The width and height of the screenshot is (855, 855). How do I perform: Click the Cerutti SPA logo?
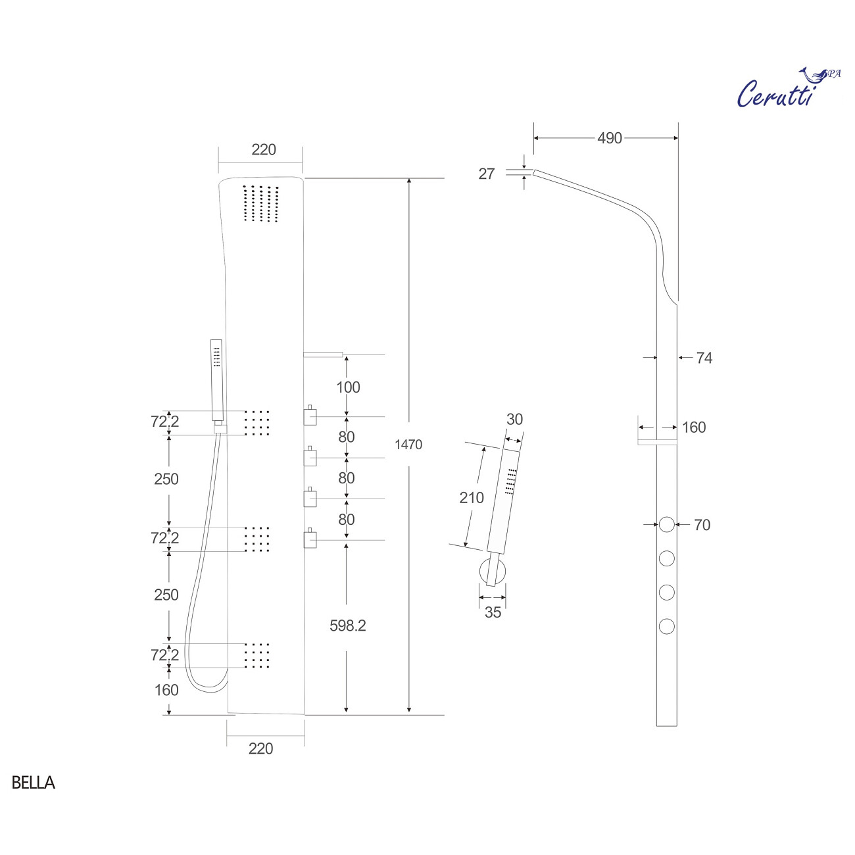(787, 89)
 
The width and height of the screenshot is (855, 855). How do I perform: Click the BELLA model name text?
(33, 783)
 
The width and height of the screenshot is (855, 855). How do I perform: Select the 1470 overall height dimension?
(408, 445)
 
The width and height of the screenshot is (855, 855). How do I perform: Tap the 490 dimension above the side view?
(609, 138)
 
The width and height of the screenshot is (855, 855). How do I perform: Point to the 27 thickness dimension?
(486, 174)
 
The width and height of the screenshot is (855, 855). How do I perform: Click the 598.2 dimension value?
(347, 625)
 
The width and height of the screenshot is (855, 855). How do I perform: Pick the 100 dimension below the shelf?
(348, 387)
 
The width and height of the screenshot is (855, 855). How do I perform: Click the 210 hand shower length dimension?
(471, 498)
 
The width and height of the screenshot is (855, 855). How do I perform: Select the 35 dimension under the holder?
(493, 612)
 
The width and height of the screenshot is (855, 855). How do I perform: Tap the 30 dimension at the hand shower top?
(514, 420)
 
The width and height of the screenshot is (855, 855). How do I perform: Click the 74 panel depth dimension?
(704, 358)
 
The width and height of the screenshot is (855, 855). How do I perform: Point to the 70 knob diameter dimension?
(702, 525)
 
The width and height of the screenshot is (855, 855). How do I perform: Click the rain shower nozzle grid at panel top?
(261, 204)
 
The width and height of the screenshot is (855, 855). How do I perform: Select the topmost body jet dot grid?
(257, 423)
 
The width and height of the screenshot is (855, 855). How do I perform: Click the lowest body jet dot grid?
(257, 656)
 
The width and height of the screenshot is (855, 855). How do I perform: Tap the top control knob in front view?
(310, 416)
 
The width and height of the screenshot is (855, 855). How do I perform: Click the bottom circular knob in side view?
(666, 626)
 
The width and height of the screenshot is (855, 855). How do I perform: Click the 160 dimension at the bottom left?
(166, 690)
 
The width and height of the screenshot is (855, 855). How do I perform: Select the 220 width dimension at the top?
(264, 150)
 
